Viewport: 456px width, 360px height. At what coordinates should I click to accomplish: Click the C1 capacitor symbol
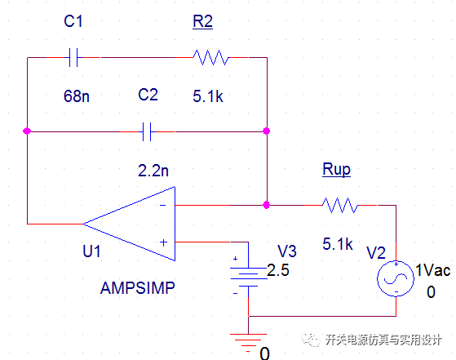(x=73, y=58)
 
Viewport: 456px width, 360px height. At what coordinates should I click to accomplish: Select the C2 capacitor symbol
(x=147, y=131)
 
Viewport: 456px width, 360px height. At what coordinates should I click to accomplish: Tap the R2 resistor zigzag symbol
(x=211, y=58)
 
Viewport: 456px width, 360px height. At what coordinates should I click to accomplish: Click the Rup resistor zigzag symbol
(x=340, y=205)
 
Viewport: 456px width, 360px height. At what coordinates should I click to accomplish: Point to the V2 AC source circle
(x=396, y=279)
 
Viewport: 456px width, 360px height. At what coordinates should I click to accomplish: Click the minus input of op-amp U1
(x=163, y=206)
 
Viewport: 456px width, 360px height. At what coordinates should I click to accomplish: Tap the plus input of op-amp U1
(x=163, y=242)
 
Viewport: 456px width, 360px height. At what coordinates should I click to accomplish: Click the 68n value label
(x=77, y=96)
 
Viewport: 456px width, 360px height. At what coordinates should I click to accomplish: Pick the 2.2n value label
(x=153, y=171)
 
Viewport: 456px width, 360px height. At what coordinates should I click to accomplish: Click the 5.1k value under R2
(x=208, y=96)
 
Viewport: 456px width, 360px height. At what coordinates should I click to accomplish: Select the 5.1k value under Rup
(x=338, y=244)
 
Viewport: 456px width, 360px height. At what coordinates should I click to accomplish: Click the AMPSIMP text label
(x=138, y=288)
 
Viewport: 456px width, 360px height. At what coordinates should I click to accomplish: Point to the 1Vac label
(x=433, y=270)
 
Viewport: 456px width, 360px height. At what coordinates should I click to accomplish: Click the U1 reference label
(x=91, y=251)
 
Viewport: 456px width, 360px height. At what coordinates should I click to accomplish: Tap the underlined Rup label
(x=336, y=169)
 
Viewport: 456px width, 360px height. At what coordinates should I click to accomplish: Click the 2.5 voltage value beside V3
(x=278, y=270)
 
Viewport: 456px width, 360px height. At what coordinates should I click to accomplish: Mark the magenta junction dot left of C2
(x=27, y=131)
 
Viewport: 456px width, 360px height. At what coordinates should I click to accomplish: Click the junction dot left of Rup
(x=267, y=205)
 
